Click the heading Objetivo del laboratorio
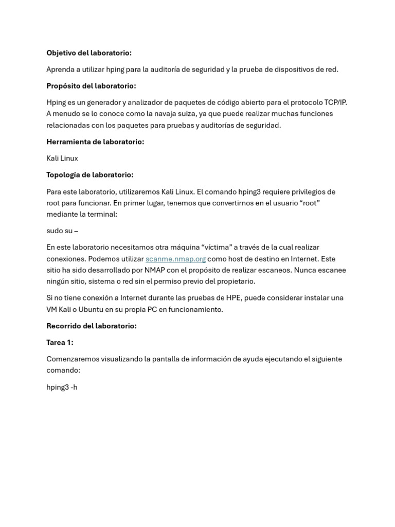89,53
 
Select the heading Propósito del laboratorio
91,86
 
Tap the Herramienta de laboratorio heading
95,142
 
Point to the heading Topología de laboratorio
90,175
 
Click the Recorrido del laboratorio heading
92,326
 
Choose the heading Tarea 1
60,342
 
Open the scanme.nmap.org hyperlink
175,259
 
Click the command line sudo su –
62,231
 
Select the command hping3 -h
62,387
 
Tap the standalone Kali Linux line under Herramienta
62,158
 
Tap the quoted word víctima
214,248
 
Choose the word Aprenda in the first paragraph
60,69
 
